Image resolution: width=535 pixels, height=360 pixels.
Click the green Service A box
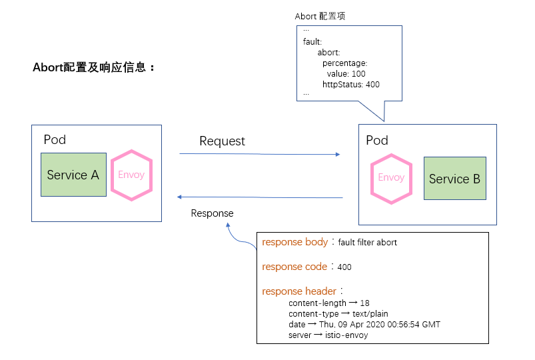(73, 175)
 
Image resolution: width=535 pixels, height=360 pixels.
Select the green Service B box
(454, 179)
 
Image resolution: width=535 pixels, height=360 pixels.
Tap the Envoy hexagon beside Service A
(131, 175)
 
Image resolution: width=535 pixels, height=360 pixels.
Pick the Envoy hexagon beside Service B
(391, 177)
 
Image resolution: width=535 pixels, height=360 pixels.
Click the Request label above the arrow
(222, 141)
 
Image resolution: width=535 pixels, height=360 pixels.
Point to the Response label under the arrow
(212, 213)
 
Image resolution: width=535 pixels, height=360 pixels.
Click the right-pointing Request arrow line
(259, 154)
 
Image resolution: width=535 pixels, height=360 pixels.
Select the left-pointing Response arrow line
(259, 197)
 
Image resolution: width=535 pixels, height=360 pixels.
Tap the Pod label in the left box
(55, 139)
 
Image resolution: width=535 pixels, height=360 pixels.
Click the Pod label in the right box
(377, 140)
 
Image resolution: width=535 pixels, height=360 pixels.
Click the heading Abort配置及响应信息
(93, 67)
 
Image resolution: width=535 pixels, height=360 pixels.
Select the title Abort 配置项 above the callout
(320, 16)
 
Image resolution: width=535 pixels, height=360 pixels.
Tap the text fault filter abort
(367, 243)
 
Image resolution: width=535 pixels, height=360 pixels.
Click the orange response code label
(294, 267)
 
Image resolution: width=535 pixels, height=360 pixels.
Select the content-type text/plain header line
(338, 313)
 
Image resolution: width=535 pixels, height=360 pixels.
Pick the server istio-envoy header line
(328, 335)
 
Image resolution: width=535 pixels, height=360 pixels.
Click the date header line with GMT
(364, 325)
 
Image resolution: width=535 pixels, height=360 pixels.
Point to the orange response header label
(300, 291)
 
